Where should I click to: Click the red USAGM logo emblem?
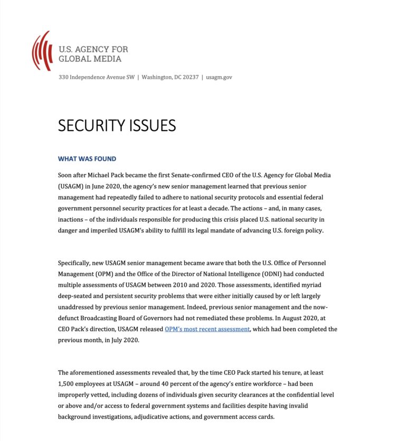(42, 51)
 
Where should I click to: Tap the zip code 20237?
(188, 77)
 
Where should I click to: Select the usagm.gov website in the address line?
(219, 77)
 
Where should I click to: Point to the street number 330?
(63, 77)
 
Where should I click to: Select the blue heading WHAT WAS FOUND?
(87, 159)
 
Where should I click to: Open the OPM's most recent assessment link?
(207, 329)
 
